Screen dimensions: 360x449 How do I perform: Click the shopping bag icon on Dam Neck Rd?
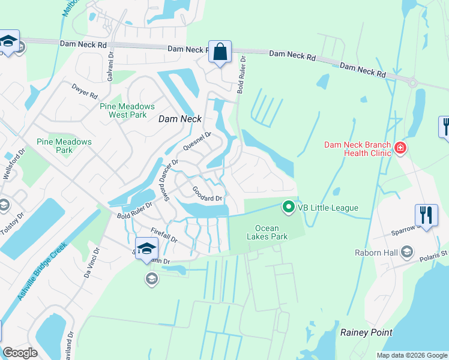coord(220,52)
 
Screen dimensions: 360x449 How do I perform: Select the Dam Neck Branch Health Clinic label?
coord(357,148)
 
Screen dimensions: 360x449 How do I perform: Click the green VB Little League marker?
coord(289,208)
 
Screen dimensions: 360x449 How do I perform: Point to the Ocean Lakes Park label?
coord(271,232)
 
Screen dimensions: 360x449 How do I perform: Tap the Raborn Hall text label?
coord(376,252)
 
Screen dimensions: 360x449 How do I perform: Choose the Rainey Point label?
coord(366,332)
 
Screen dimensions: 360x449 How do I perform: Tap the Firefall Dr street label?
coord(164,235)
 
